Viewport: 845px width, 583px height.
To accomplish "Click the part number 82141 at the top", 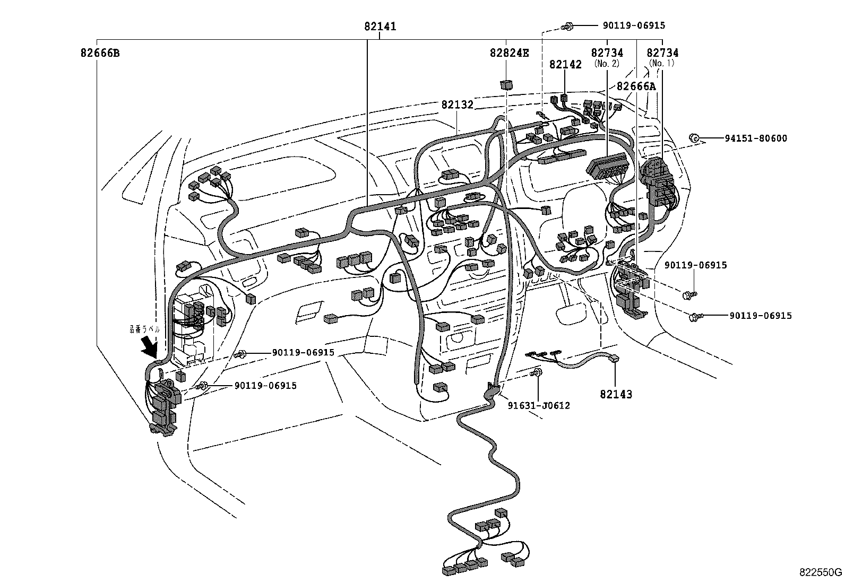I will pyautogui.click(x=380, y=27).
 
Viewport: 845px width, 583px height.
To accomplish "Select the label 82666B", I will pyautogui.click(x=100, y=53).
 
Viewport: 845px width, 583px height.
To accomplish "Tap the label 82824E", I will pyautogui.click(x=509, y=53).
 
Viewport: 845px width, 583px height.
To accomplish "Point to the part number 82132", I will pyautogui.click(x=457, y=105).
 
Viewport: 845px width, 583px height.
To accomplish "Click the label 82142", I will pyautogui.click(x=565, y=64).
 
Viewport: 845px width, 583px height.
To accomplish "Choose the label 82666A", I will pyautogui.click(x=636, y=86).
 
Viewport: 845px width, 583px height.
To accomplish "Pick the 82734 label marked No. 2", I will pyautogui.click(x=607, y=53).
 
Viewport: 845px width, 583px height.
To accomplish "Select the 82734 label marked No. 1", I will pyautogui.click(x=662, y=53).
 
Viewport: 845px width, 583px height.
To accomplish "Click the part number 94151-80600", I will pyautogui.click(x=756, y=138).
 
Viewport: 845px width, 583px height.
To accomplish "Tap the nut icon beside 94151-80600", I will pyautogui.click(x=694, y=138).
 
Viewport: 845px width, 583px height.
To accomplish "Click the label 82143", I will pyautogui.click(x=616, y=395).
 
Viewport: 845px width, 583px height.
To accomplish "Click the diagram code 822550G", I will pyautogui.click(x=821, y=572).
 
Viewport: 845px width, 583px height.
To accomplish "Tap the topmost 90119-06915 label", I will pyautogui.click(x=633, y=25).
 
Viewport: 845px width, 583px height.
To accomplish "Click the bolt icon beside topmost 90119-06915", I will pyautogui.click(x=567, y=25).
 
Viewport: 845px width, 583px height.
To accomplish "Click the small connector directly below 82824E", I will pyautogui.click(x=506, y=85).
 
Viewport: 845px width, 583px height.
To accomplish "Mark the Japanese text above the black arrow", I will pyautogui.click(x=144, y=328).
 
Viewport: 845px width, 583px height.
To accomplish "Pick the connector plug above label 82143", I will pyautogui.click(x=615, y=359).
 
